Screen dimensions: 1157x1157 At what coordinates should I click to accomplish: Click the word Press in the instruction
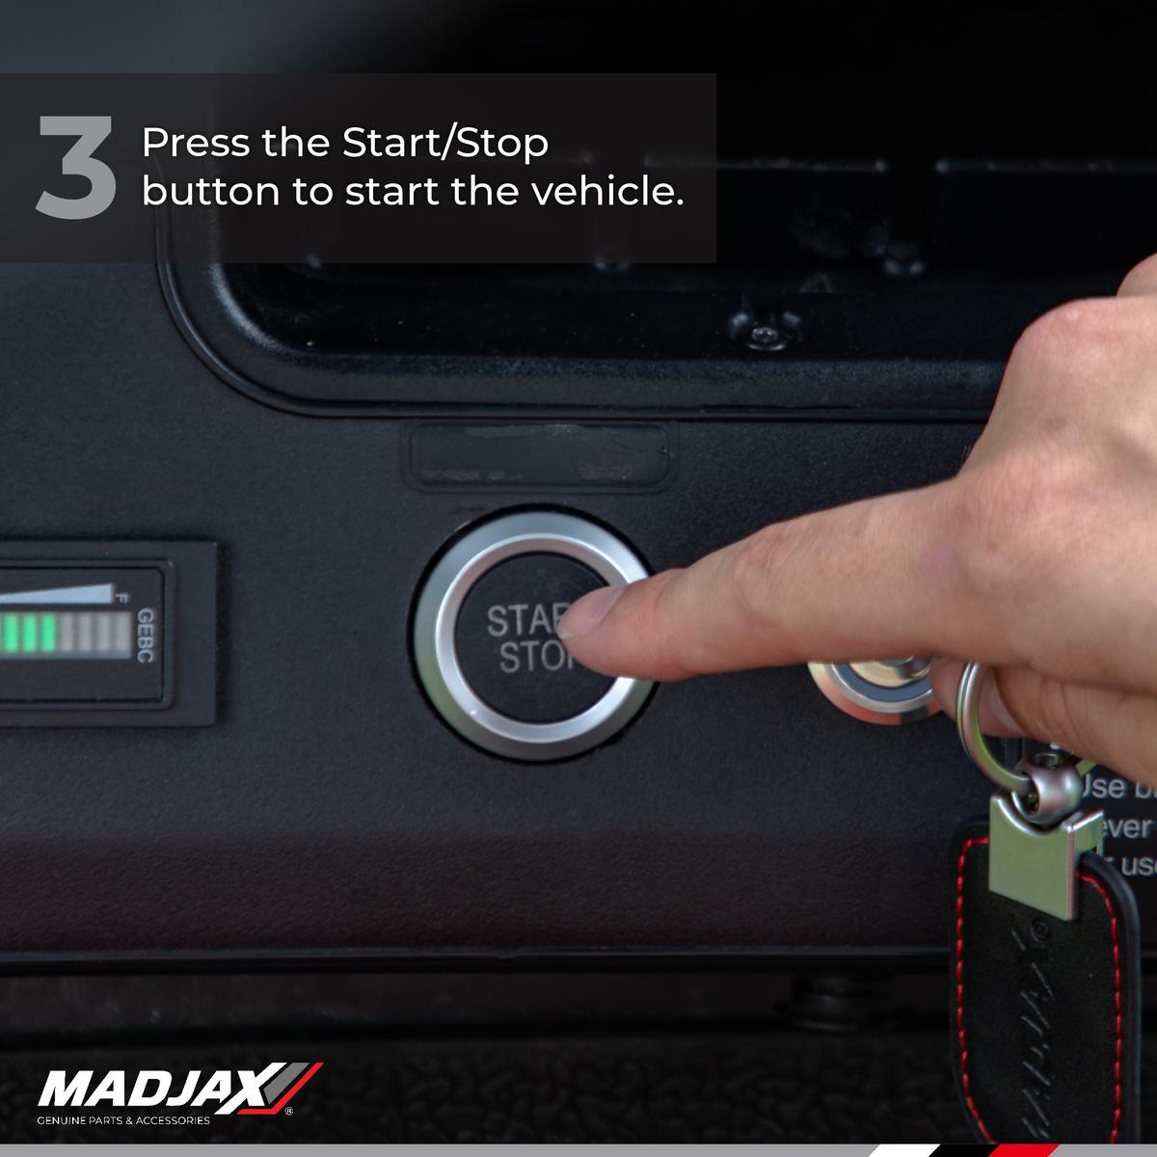point(186,144)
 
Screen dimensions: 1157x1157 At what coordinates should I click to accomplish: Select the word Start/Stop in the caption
point(445,144)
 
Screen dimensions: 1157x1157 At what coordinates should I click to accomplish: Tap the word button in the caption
point(209,191)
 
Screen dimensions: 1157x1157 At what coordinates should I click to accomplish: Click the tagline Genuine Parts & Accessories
point(122,1121)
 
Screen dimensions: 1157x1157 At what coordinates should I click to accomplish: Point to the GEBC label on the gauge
point(146,634)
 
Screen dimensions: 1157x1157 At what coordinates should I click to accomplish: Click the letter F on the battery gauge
point(121,599)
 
